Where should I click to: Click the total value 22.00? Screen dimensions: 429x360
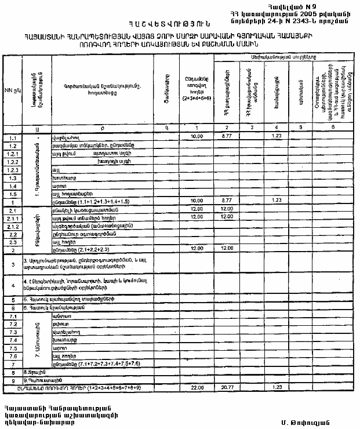[195, 387]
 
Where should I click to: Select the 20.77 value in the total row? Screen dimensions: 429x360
[227, 387]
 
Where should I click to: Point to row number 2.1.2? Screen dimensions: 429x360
[12, 226]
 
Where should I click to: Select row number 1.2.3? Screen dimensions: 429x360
[12, 170]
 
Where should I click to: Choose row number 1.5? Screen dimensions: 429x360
[12, 194]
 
